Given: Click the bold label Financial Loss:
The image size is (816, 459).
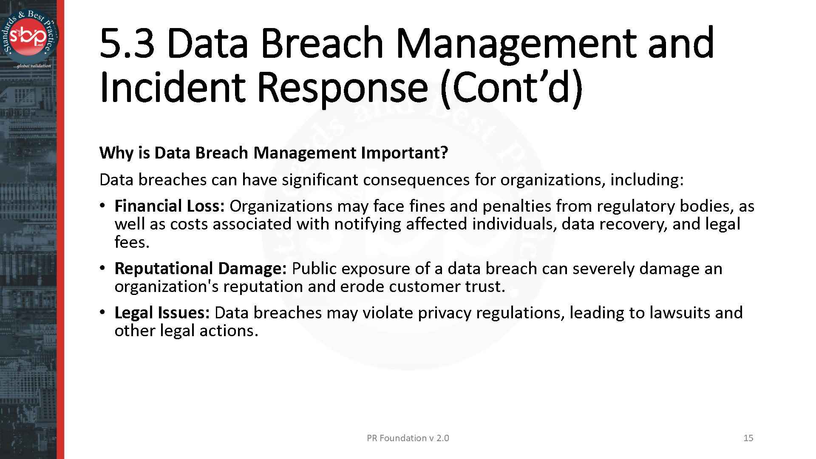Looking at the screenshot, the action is [170, 206].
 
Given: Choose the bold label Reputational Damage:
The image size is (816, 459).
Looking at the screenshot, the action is [201, 269].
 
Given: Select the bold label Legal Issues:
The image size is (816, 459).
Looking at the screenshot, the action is [162, 313].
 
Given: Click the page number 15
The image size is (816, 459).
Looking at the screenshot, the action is [748, 438].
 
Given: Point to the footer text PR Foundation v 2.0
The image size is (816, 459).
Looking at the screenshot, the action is [408, 438].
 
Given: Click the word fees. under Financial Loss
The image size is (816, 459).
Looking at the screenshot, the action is [132, 242].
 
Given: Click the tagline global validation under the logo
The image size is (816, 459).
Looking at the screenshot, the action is [32, 66].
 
